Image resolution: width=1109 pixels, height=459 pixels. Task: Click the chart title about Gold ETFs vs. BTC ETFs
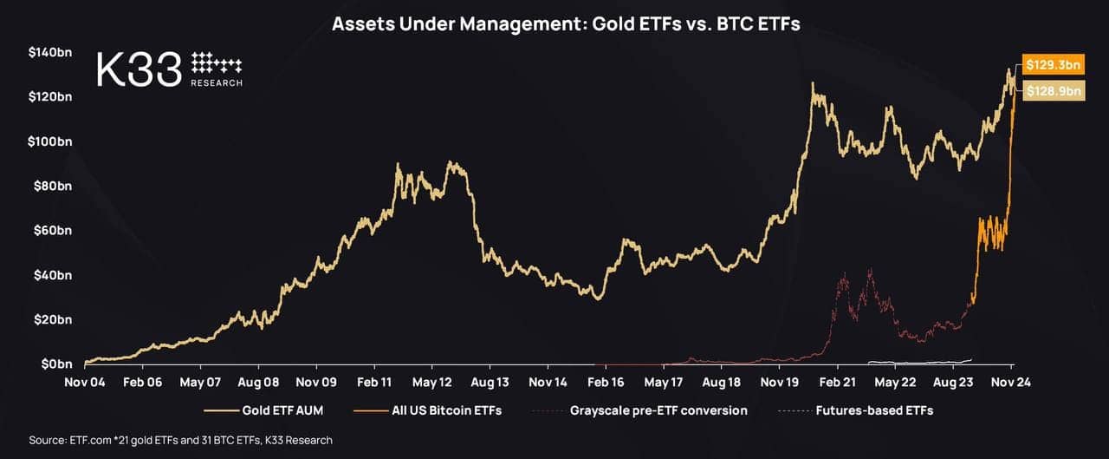click(x=566, y=24)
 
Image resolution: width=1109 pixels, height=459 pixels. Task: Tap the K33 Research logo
click(x=170, y=69)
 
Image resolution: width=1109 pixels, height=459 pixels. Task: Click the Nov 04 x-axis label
click(x=85, y=381)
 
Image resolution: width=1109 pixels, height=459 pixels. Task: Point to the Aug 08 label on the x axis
click(x=259, y=381)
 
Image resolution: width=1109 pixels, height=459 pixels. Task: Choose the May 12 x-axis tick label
click(x=432, y=381)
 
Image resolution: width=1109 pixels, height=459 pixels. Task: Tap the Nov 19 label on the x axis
click(x=779, y=381)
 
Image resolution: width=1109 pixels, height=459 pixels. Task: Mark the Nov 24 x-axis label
click(x=1010, y=381)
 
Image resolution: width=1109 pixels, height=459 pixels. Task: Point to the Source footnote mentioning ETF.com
click(x=180, y=441)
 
